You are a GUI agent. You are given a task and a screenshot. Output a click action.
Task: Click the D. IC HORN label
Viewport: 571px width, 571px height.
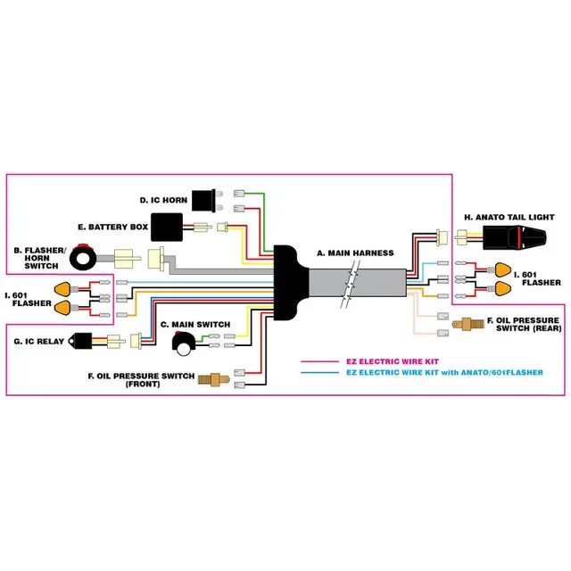click(x=163, y=200)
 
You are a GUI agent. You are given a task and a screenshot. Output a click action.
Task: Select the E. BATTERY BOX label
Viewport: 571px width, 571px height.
click(x=112, y=228)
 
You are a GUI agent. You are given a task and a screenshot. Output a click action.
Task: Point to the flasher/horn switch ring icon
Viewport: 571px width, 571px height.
click(x=86, y=258)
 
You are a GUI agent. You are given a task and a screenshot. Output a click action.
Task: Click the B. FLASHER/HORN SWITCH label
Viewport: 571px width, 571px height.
click(x=39, y=257)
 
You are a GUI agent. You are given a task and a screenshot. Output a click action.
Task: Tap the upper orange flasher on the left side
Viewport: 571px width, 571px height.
click(x=62, y=288)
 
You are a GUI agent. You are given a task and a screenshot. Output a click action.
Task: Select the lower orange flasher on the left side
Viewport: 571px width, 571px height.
click(x=62, y=307)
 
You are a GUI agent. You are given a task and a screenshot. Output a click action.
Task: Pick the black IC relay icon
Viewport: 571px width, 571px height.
click(x=83, y=340)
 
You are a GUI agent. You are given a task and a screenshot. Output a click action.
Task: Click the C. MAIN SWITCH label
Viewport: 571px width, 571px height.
click(x=194, y=324)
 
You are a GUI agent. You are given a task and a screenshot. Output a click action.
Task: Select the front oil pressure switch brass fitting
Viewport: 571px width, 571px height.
click(x=209, y=378)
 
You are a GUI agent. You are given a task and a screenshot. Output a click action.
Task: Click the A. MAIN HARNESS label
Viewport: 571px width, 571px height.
click(x=354, y=253)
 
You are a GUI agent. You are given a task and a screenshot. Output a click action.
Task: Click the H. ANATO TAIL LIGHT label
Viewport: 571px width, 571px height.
click(x=509, y=217)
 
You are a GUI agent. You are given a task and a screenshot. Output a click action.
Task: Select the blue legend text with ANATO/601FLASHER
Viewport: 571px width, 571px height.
click(x=443, y=372)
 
